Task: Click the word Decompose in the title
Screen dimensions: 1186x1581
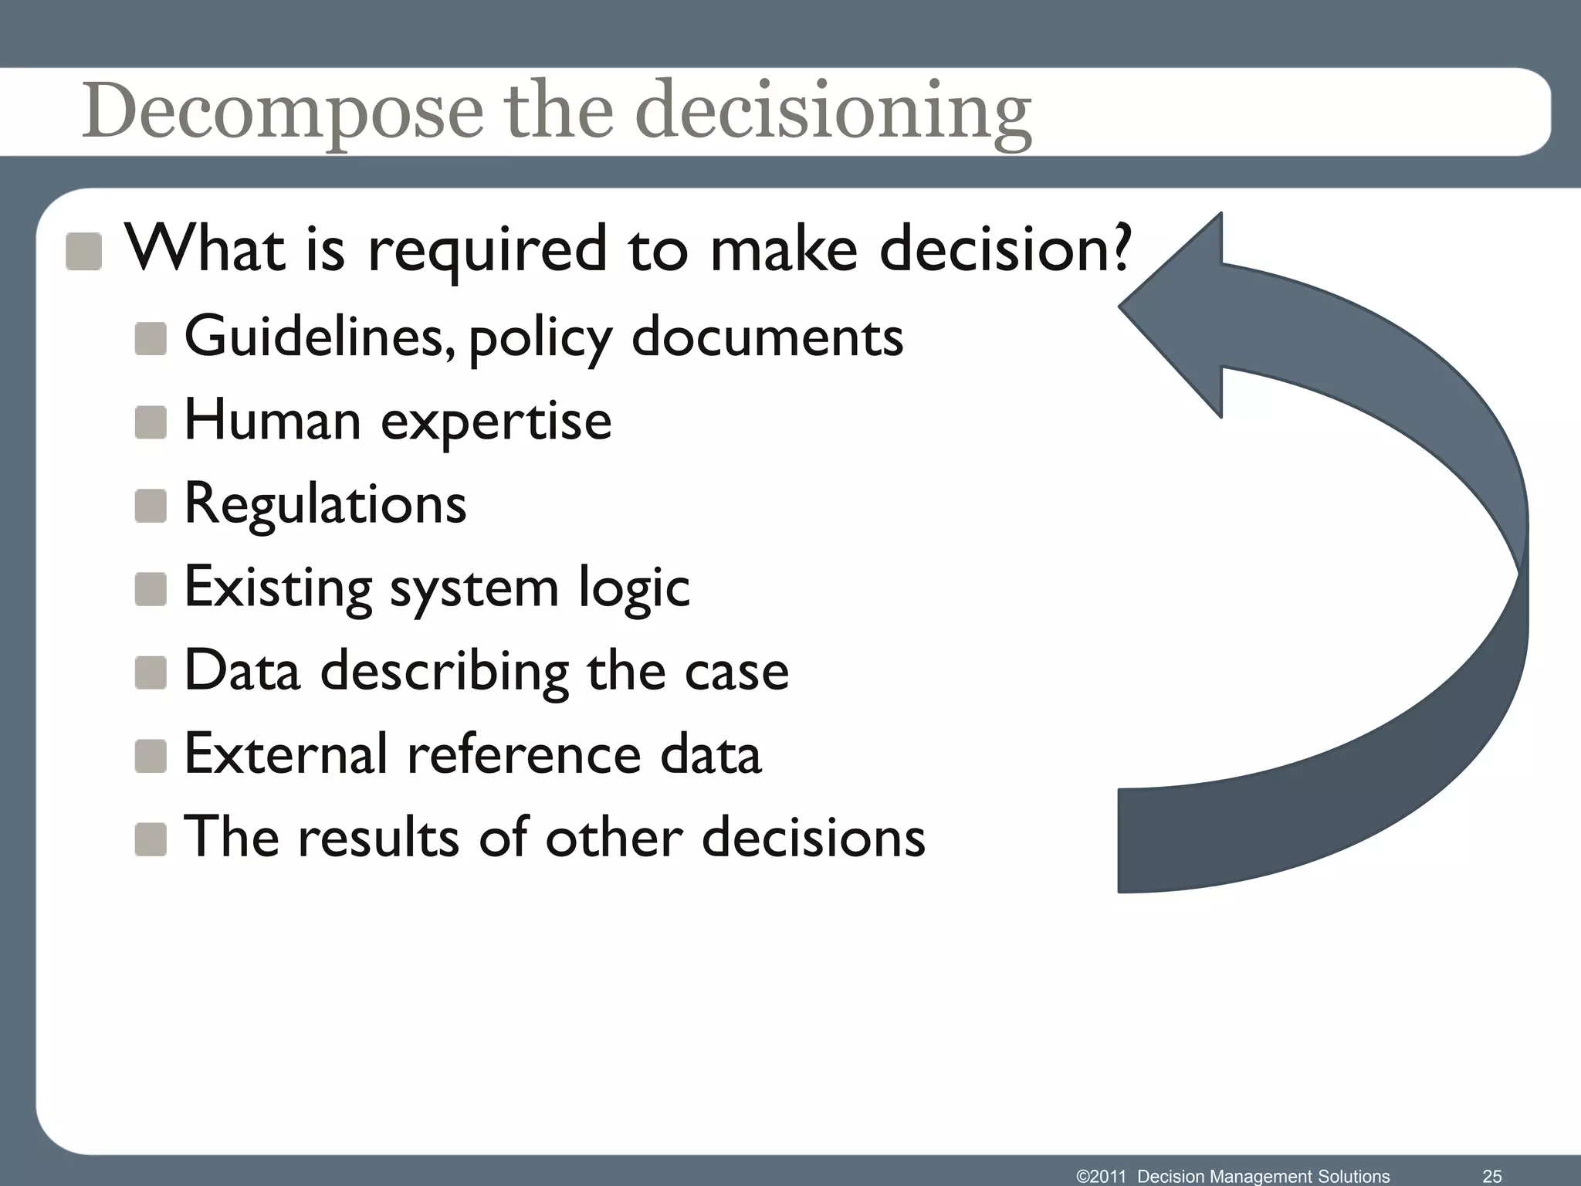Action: click(283, 112)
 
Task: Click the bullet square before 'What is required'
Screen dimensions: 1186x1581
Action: click(84, 252)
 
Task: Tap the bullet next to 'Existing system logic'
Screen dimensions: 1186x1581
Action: click(151, 589)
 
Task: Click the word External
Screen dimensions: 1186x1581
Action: click(285, 754)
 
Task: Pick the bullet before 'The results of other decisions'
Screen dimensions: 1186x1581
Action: click(151, 839)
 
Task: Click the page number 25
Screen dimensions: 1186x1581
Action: click(1491, 1176)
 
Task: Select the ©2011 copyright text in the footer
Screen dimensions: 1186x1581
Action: click(1102, 1176)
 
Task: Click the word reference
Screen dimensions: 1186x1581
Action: click(524, 754)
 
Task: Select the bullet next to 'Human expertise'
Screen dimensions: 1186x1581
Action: click(151, 422)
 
